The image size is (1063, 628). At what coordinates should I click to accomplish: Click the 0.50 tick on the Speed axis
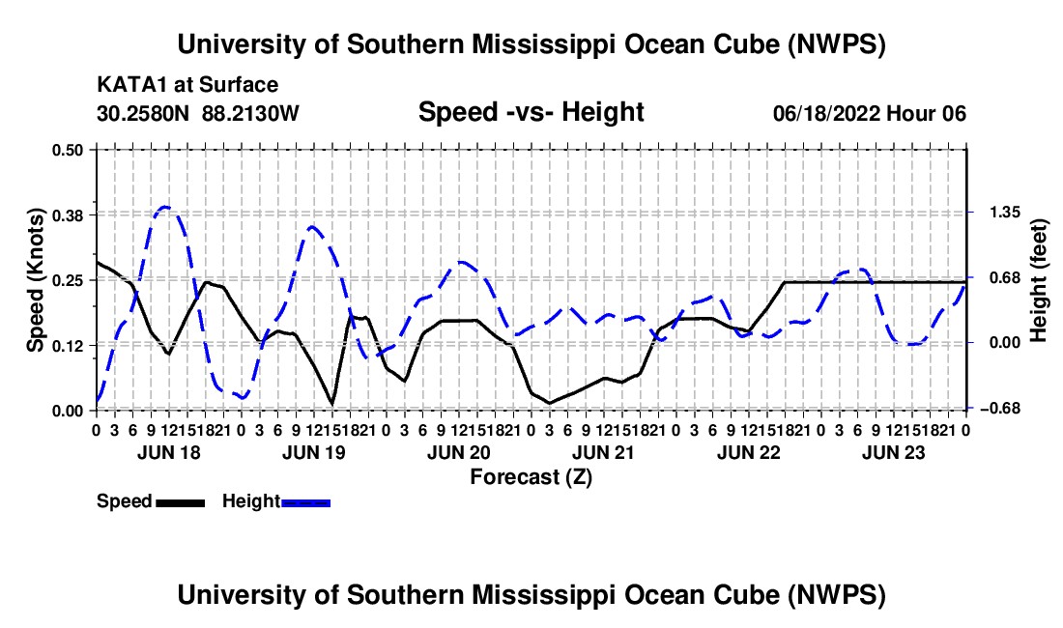click(67, 150)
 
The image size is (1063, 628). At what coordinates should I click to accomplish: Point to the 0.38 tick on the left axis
click(67, 214)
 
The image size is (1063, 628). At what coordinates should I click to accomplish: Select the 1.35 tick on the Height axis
click(1005, 213)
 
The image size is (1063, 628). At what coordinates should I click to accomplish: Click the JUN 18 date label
click(169, 452)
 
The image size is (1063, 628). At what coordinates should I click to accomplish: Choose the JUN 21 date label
click(603, 452)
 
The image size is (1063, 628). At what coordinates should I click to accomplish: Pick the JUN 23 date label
click(894, 452)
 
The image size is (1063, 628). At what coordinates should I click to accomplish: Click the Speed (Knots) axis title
click(35, 280)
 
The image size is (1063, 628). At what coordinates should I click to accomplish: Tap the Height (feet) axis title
click(1038, 280)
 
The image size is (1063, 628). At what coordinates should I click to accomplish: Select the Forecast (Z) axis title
click(531, 477)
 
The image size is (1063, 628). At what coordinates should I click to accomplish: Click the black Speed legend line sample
click(181, 502)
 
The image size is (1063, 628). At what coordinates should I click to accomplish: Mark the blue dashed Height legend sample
click(305, 502)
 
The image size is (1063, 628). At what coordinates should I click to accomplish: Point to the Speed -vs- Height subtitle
click(531, 112)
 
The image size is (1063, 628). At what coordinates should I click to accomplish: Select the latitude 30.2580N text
click(143, 113)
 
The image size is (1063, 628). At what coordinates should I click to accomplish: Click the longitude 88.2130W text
click(250, 113)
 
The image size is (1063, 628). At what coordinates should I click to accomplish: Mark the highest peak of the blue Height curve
click(165, 207)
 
